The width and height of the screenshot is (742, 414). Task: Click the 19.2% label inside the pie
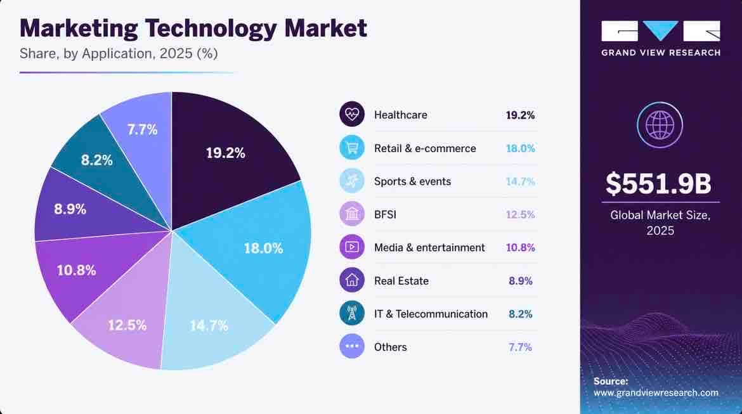(225, 153)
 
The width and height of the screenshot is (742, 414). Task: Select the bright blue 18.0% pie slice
(256, 246)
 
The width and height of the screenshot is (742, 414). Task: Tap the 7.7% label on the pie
(143, 129)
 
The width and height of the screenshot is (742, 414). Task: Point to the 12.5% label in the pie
(127, 325)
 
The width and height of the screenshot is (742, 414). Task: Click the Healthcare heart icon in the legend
(351, 114)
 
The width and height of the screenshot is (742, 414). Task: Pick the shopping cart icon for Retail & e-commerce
(351, 148)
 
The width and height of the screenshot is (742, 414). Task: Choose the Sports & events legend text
(412, 181)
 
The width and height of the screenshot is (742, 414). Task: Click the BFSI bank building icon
(351, 214)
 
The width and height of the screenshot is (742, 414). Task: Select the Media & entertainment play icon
(351, 247)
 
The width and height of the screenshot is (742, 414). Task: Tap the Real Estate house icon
(351, 280)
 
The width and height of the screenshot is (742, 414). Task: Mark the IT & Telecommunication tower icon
(351, 313)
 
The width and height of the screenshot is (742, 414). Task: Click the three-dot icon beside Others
(351, 346)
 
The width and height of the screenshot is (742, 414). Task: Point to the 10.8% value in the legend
(521, 247)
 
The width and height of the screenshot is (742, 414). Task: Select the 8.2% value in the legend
(521, 314)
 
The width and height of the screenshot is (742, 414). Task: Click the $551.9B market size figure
(658, 184)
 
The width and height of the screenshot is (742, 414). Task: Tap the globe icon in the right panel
(660, 125)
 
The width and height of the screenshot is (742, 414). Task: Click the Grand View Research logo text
(661, 53)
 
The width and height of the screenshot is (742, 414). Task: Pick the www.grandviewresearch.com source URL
(656, 392)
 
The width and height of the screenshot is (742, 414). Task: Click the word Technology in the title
(211, 29)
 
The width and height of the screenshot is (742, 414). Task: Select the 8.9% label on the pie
(70, 209)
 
